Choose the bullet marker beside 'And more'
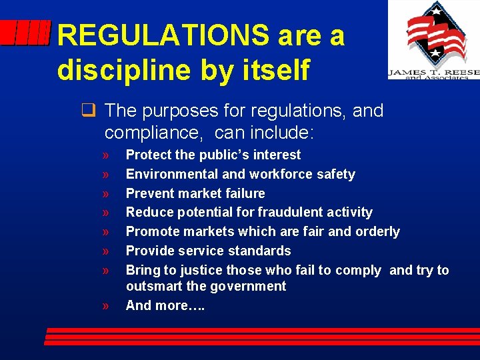[107, 306]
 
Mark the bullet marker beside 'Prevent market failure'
[107, 194]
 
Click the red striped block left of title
[25, 33]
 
